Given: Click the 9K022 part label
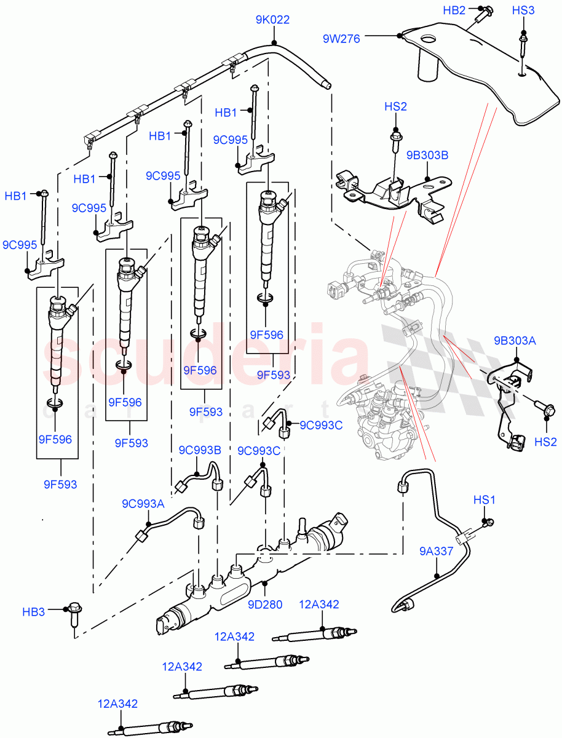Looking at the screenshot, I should click(x=272, y=20).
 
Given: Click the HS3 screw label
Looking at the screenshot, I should click(x=523, y=10).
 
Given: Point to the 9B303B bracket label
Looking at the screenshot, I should click(x=427, y=156).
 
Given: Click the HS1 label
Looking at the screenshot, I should click(x=484, y=501).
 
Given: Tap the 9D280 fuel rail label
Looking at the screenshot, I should click(x=264, y=604).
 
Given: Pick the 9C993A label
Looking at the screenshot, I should click(x=143, y=504).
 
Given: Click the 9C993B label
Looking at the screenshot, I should click(x=200, y=450).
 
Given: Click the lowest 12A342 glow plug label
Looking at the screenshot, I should click(x=117, y=704).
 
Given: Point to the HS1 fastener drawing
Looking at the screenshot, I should click(x=489, y=523).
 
